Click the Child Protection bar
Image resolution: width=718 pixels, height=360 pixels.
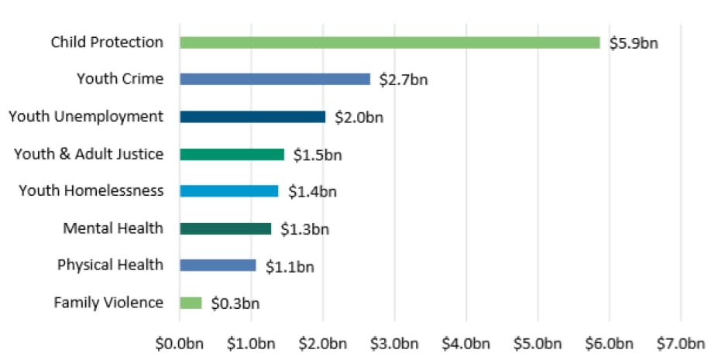tap(390, 43)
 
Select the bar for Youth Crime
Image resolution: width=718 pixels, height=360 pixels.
tap(275, 79)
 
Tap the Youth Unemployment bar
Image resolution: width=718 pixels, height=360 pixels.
tap(253, 117)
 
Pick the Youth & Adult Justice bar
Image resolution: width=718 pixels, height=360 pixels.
tap(232, 154)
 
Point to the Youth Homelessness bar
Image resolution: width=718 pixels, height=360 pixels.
tap(228, 191)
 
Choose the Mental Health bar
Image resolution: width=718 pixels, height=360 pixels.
tap(225, 228)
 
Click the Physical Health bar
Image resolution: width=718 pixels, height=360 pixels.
tap(218, 266)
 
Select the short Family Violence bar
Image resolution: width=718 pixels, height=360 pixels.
tap(191, 303)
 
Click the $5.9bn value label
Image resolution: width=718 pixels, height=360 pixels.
tap(634, 43)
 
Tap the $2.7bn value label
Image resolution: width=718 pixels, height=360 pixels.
tap(404, 81)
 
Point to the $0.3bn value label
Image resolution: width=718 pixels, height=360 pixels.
tap(235, 303)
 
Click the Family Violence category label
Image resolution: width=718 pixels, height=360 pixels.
tap(108, 302)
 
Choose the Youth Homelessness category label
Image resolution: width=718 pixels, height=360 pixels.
tap(91, 190)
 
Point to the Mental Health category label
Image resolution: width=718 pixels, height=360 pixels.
tap(113, 228)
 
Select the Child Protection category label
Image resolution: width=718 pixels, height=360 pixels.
tap(107, 42)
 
